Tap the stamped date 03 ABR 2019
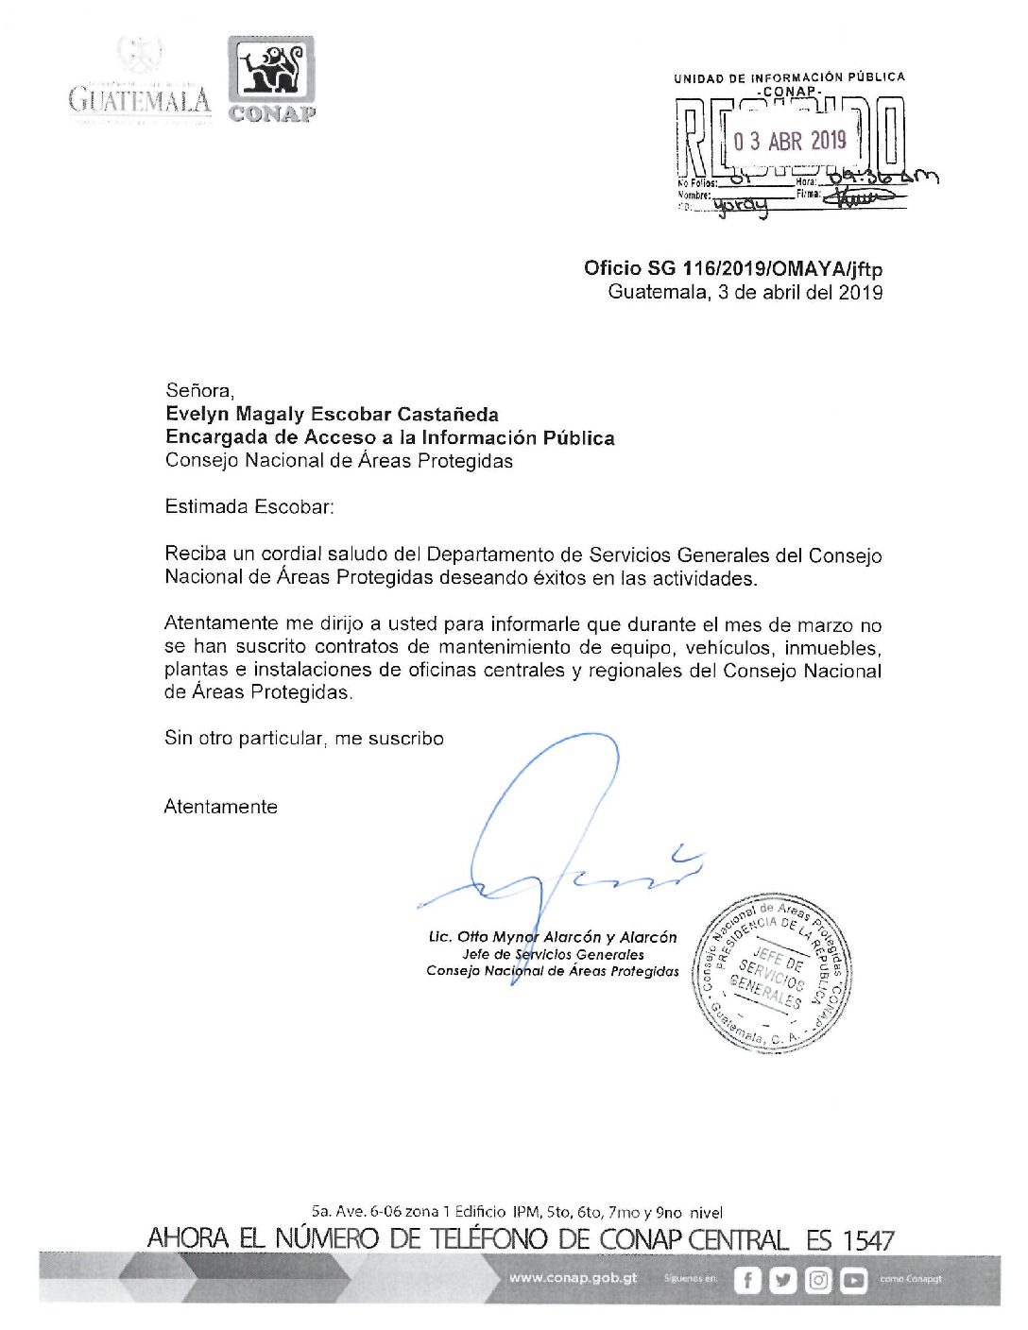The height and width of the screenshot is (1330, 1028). [790, 142]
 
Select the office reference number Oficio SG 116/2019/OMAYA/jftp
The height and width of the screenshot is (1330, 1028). [733, 268]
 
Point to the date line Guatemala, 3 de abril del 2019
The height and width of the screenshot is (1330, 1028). [745, 292]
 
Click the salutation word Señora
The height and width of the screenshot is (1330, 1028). [199, 390]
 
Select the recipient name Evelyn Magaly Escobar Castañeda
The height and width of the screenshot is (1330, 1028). [332, 414]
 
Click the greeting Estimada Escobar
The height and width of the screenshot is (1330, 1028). [249, 507]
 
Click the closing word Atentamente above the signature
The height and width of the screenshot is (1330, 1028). [221, 807]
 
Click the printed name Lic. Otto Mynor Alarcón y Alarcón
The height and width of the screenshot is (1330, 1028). [553, 937]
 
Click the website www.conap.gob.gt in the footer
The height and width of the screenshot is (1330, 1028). [574, 1278]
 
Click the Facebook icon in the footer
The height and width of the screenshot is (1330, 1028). [747, 1280]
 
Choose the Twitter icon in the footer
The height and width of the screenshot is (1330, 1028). [782, 1280]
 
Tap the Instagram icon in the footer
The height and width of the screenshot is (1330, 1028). [818, 1280]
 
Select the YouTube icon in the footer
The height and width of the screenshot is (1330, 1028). [853, 1280]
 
